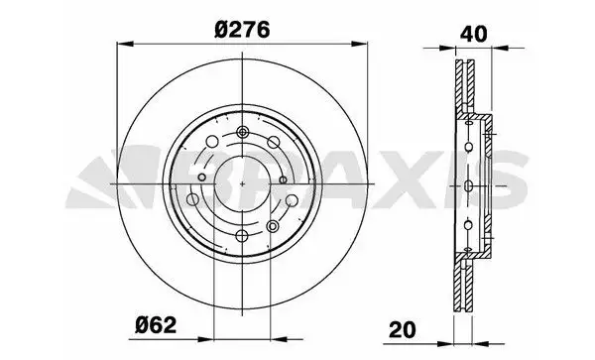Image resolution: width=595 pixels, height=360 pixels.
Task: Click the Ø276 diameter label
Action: pyautogui.click(x=242, y=30)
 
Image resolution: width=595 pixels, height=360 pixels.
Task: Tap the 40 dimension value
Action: pyautogui.click(x=473, y=34)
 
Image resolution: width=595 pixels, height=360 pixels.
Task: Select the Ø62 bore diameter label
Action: pyautogui.click(x=156, y=325)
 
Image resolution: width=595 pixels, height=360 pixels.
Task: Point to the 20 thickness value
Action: pyautogui.click(x=403, y=329)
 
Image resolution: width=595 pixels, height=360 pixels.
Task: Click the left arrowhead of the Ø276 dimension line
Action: pyautogui.click(x=125, y=44)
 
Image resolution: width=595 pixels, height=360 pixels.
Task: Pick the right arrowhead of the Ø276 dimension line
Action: pyautogui.click(x=359, y=44)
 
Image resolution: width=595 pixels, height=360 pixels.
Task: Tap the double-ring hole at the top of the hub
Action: pyautogui.click(x=242, y=132)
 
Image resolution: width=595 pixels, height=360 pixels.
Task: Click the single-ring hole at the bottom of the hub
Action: pyautogui.click(x=242, y=236)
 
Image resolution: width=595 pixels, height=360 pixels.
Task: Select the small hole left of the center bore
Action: pyautogui.click(x=202, y=178)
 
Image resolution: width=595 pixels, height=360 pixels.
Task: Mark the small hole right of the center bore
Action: pyautogui.click(x=283, y=180)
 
